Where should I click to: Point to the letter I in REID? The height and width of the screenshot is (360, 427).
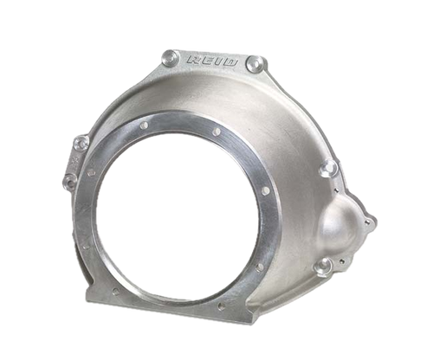click(214, 63)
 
